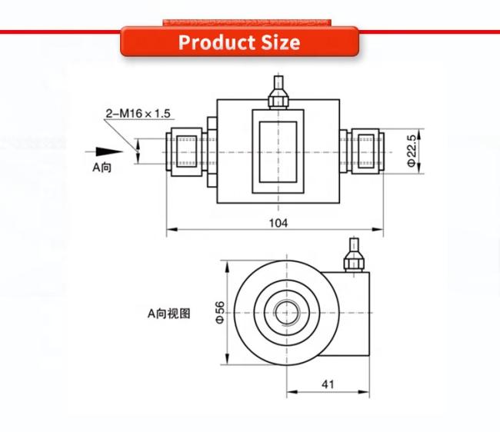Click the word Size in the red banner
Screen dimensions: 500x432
pos(281,42)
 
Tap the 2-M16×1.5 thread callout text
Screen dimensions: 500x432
pos(138,114)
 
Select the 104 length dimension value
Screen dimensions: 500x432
pos(278,223)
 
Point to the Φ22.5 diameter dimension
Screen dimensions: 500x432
pos(412,151)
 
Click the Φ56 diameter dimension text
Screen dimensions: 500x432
pos(220,313)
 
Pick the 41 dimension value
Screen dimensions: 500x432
pos(328,384)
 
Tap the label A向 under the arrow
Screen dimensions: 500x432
pos(102,168)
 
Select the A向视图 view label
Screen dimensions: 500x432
pos(169,314)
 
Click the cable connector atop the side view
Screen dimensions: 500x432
pos(278,91)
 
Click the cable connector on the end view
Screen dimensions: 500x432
pos(354,255)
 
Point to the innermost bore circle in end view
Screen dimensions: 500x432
pos(287,313)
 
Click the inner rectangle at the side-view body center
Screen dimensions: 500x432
pos(278,152)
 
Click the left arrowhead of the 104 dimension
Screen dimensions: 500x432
pos(172,229)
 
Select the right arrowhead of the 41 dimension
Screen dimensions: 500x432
pos(364,391)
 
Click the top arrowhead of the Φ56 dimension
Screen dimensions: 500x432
pos(227,266)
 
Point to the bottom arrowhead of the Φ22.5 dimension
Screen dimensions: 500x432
pos(420,168)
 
